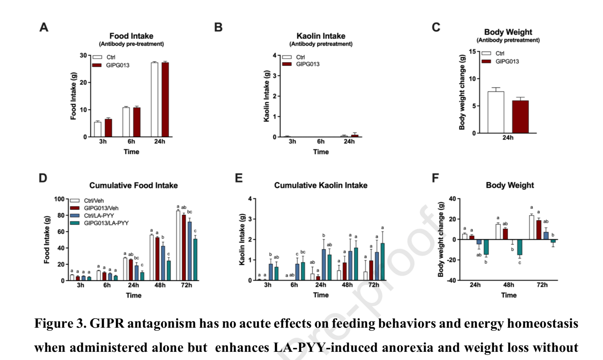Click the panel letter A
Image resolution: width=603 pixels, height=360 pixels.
pyautogui.click(x=44, y=27)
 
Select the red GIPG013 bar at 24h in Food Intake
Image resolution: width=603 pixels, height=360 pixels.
pyautogui.click(x=165, y=100)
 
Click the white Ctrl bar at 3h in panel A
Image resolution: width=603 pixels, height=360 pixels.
pyautogui.click(x=98, y=129)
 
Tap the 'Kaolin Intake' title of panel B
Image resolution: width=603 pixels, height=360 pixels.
pyautogui.click(x=321, y=36)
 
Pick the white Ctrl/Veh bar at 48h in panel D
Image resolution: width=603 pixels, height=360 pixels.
pyautogui.click(x=152, y=257)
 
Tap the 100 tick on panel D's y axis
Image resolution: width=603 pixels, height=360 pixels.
pyautogui.click(x=59, y=199)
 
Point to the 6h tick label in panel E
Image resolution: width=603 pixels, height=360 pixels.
pyautogui.click(x=294, y=285)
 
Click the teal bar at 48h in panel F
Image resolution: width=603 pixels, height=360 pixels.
pyautogui.click(x=520, y=247)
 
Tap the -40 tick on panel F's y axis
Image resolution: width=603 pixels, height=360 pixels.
pyautogui.click(x=452, y=280)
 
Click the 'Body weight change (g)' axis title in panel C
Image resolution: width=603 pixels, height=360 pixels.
pyautogui.click(x=462, y=92)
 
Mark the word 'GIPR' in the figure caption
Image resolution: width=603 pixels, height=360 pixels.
pyautogui.click(x=107, y=323)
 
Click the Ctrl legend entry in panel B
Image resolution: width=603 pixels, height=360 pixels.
pyautogui.click(x=300, y=57)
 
